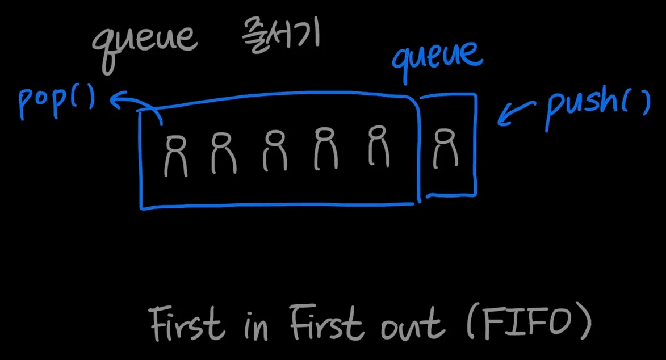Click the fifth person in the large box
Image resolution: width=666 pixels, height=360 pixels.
(378, 146)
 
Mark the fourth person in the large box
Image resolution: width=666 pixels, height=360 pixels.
(326, 149)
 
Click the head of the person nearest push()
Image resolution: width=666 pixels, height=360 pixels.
(443, 136)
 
